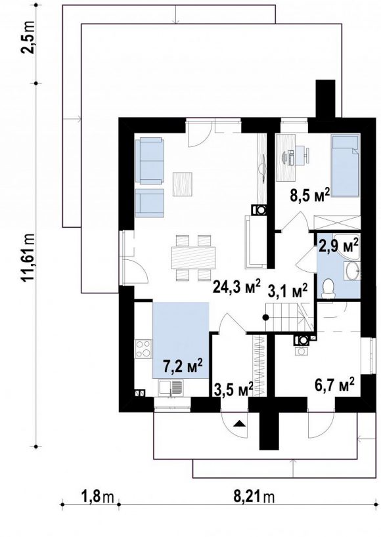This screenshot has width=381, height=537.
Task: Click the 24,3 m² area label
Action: (x=236, y=286)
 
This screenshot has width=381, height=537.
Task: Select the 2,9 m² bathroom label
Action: (x=338, y=246)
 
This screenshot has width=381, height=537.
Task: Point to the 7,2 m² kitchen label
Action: (x=183, y=367)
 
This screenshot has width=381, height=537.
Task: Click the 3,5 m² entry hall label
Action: (x=234, y=389)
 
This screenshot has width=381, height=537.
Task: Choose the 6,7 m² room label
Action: (x=334, y=387)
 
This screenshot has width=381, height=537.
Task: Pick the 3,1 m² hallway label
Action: (x=287, y=291)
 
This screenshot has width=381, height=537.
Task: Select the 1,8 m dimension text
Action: (x=97, y=496)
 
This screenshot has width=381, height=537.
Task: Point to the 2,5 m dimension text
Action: (x=29, y=37)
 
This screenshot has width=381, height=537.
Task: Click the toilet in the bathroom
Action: (x=328, y=288)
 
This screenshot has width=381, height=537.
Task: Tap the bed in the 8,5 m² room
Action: (x=345, y=166)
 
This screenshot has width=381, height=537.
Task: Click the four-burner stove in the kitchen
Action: (x=143, y=349)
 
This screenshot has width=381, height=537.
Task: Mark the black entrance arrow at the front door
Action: (x=240, y=424)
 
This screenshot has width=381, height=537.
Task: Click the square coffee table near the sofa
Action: (x=183, y=184)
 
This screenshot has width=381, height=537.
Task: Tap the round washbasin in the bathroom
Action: (x=352, y=272)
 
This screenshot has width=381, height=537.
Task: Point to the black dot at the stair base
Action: (x=265, y=317)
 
